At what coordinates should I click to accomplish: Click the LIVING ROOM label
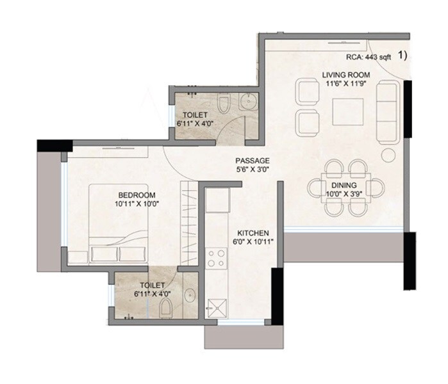tap(346, 75)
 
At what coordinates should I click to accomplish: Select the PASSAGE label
tap(251, 161)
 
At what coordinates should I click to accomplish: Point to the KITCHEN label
tap(253, 232)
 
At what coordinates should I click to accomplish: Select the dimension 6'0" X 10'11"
tap(253, 242)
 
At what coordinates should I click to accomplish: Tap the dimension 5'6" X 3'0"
tap(251, 170)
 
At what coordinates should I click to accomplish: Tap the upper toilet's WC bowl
tap(223, 103)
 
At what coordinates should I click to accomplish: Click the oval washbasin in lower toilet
tap(190, 296)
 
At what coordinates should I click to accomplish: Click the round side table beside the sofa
tap(388, 155)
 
